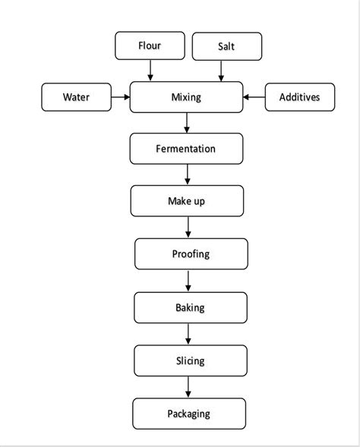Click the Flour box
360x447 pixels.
click(x=150, y=45)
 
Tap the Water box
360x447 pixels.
click(x=75, y=97)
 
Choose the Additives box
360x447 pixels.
click(x=299, y=97)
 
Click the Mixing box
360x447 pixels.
click(x=187, y=97)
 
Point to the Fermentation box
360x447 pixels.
click(x=187, y=149)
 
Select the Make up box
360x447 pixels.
click(x=187, y=201)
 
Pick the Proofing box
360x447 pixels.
click(x=191, y=254)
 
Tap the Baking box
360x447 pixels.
click(x=190, y=308)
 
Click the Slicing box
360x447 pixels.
click(x=190, y=360)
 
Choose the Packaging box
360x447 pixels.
click(x=188, y=414)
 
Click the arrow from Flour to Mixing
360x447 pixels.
click(x=150, y=71)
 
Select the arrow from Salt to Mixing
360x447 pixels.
click(x=222, y=71)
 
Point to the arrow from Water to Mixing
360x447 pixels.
click(x=120, y=97)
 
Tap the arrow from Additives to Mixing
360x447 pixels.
click(x=254, y=97)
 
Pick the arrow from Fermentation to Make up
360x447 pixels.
click(x=187, y=175)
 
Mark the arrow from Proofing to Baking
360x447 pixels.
click(x=188, y=282)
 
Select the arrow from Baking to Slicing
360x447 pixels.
click(x=188, y=335)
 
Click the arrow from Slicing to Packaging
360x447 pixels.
click(x=188, y=387)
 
